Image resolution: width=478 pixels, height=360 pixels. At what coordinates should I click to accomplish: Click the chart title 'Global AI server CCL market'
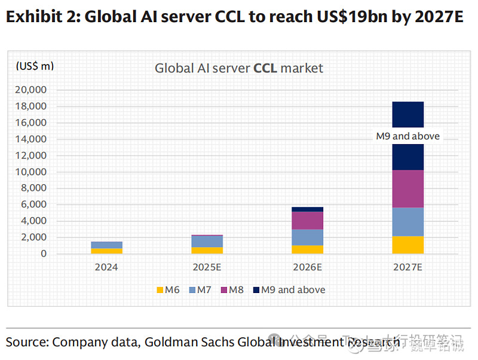coord(238,68)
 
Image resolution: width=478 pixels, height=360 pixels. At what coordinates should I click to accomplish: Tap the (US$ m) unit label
coord(35,66)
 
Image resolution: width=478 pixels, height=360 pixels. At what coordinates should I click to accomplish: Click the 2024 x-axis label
coord(106,267)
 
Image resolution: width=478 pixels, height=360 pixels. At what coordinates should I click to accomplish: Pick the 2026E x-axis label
coord(308,267)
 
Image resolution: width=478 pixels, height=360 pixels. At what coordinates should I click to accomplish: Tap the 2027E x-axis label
coord(407,267)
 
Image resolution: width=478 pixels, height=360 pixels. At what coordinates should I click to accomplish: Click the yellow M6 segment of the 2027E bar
coord(407,245)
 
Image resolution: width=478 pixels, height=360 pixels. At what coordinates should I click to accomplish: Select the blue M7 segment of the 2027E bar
coord(407,222)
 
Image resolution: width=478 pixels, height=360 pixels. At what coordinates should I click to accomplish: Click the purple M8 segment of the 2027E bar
coord(407,189)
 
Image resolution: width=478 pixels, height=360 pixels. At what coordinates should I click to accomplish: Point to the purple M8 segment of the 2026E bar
coord(308,221)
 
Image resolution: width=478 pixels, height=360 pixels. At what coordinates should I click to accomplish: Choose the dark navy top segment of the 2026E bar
coord(308,209)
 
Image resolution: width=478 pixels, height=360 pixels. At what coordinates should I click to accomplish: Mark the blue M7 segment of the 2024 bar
coord(106,245)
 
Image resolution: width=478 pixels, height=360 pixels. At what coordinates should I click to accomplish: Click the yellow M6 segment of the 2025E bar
coord(207,251)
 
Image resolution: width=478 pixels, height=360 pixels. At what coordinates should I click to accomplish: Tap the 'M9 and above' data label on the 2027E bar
coord(407,136)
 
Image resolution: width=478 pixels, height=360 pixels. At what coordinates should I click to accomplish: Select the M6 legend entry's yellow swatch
coord(160,290)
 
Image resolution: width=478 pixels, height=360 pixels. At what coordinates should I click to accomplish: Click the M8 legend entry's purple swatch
coord(224,290)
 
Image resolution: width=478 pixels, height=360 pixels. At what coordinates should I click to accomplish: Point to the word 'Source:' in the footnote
coord(27,343)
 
